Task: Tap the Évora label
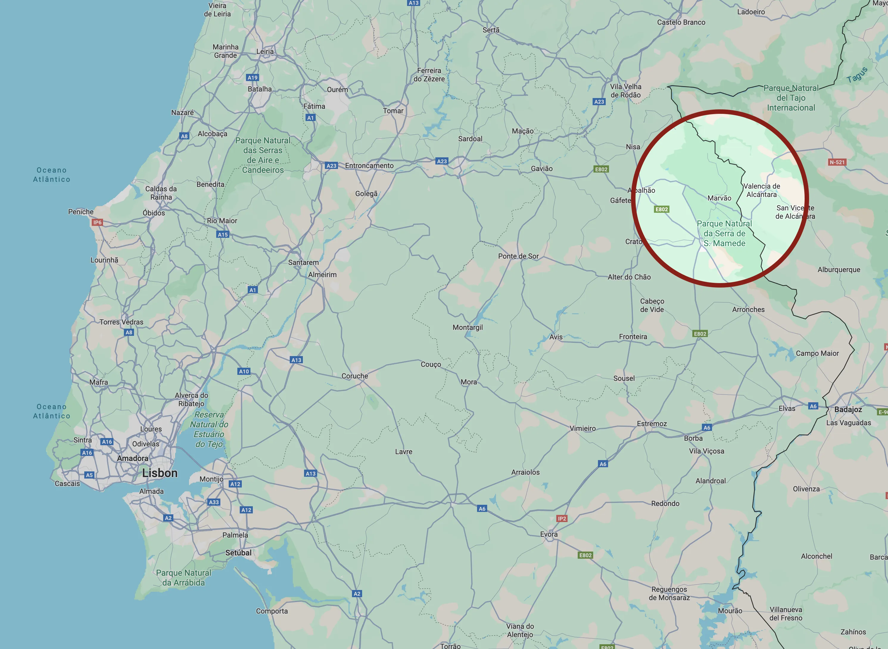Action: (x=549, y=534)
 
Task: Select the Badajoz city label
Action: (x=848, y=409)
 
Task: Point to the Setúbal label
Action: (x=238, y=553)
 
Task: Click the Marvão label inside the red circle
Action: (x=719, y=198)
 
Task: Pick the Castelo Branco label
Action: (x=681, y=22)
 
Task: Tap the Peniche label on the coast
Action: (x=81, y=212)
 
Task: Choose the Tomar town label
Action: (x=393, y=111)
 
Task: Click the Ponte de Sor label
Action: (x=518, y=256)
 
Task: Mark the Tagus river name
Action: (x=857, y=74)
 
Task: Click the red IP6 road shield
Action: (x=97, y=222)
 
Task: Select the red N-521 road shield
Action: (x=837, y=162)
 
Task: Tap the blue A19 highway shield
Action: (x=253, y=78)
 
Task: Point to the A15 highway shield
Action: (x=222, y=235)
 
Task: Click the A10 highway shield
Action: (x=244, y=371)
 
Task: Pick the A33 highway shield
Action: (x=214, y=502)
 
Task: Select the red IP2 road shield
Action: (x=562, y=518)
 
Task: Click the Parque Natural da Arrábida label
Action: (x=183, y=577)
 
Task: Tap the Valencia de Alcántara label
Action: (x=762, y=190)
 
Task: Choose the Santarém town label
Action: (x=303, y=263)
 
